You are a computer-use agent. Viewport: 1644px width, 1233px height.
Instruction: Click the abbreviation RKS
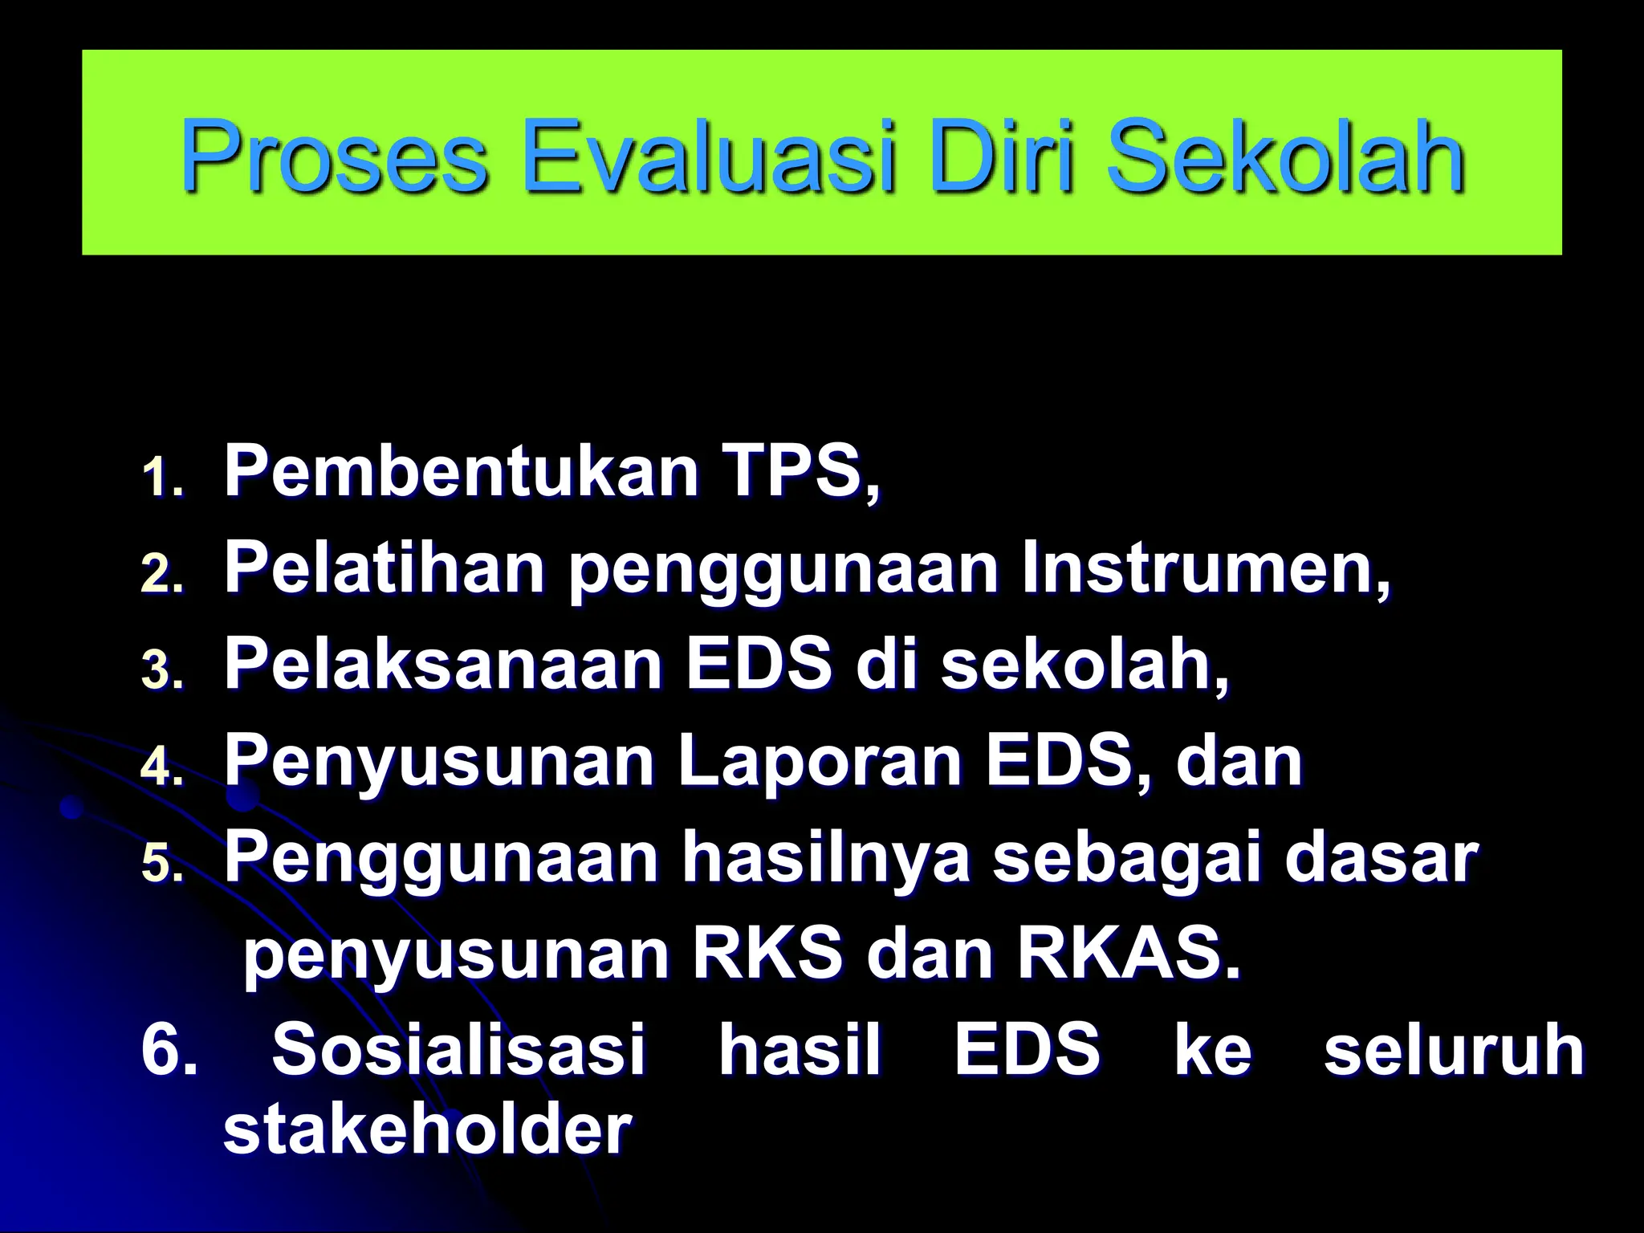767,954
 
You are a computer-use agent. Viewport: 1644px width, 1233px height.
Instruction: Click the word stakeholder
427,1130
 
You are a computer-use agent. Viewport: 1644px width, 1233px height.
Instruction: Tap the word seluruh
1454,1050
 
